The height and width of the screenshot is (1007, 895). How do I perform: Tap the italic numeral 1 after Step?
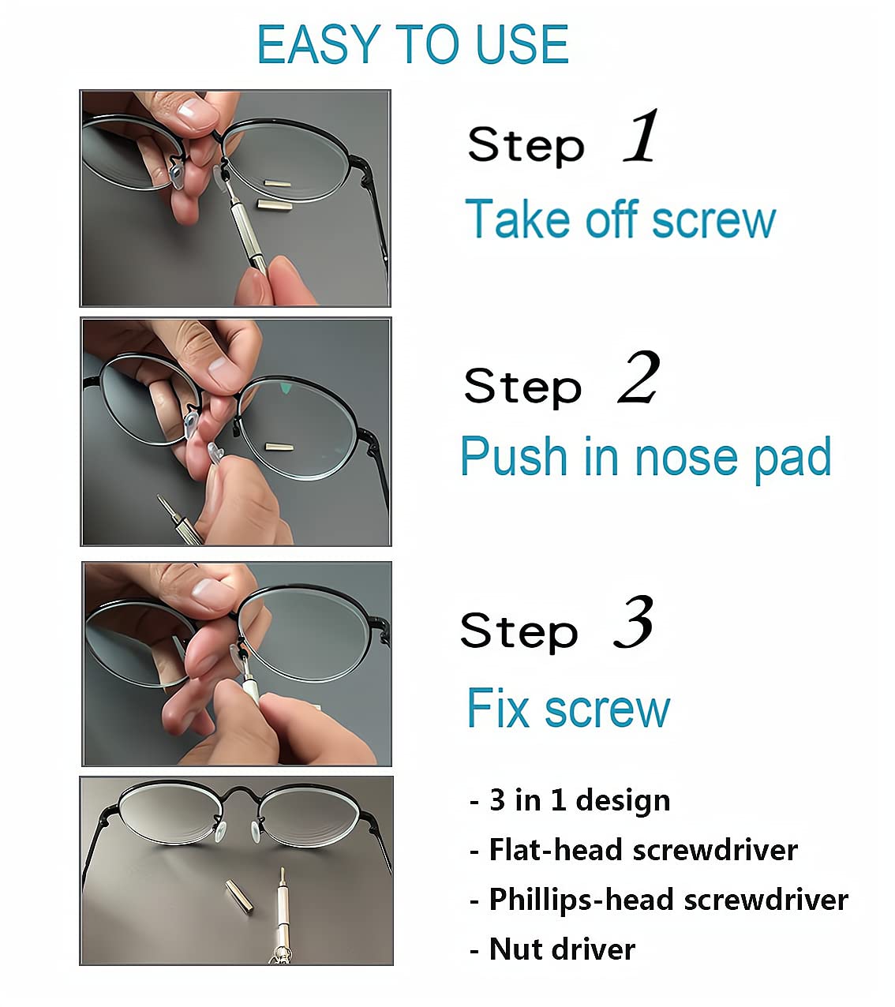[x=641, y=137]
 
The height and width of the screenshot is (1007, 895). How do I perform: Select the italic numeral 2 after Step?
[x=638, y=378]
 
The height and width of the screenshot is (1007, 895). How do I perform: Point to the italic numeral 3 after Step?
[x=634, y=623]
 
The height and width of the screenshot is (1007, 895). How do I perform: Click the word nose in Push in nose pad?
[x=688, y=457]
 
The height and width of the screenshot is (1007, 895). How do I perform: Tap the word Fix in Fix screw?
[x=497, y=708]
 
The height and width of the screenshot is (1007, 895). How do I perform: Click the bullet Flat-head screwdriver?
[x=634, y=850]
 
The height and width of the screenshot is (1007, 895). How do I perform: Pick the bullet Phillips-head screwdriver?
[x=659, y=900]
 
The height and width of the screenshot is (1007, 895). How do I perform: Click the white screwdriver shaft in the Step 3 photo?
[x=251, y=686]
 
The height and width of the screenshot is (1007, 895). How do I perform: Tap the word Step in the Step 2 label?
[x=522, y=387]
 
